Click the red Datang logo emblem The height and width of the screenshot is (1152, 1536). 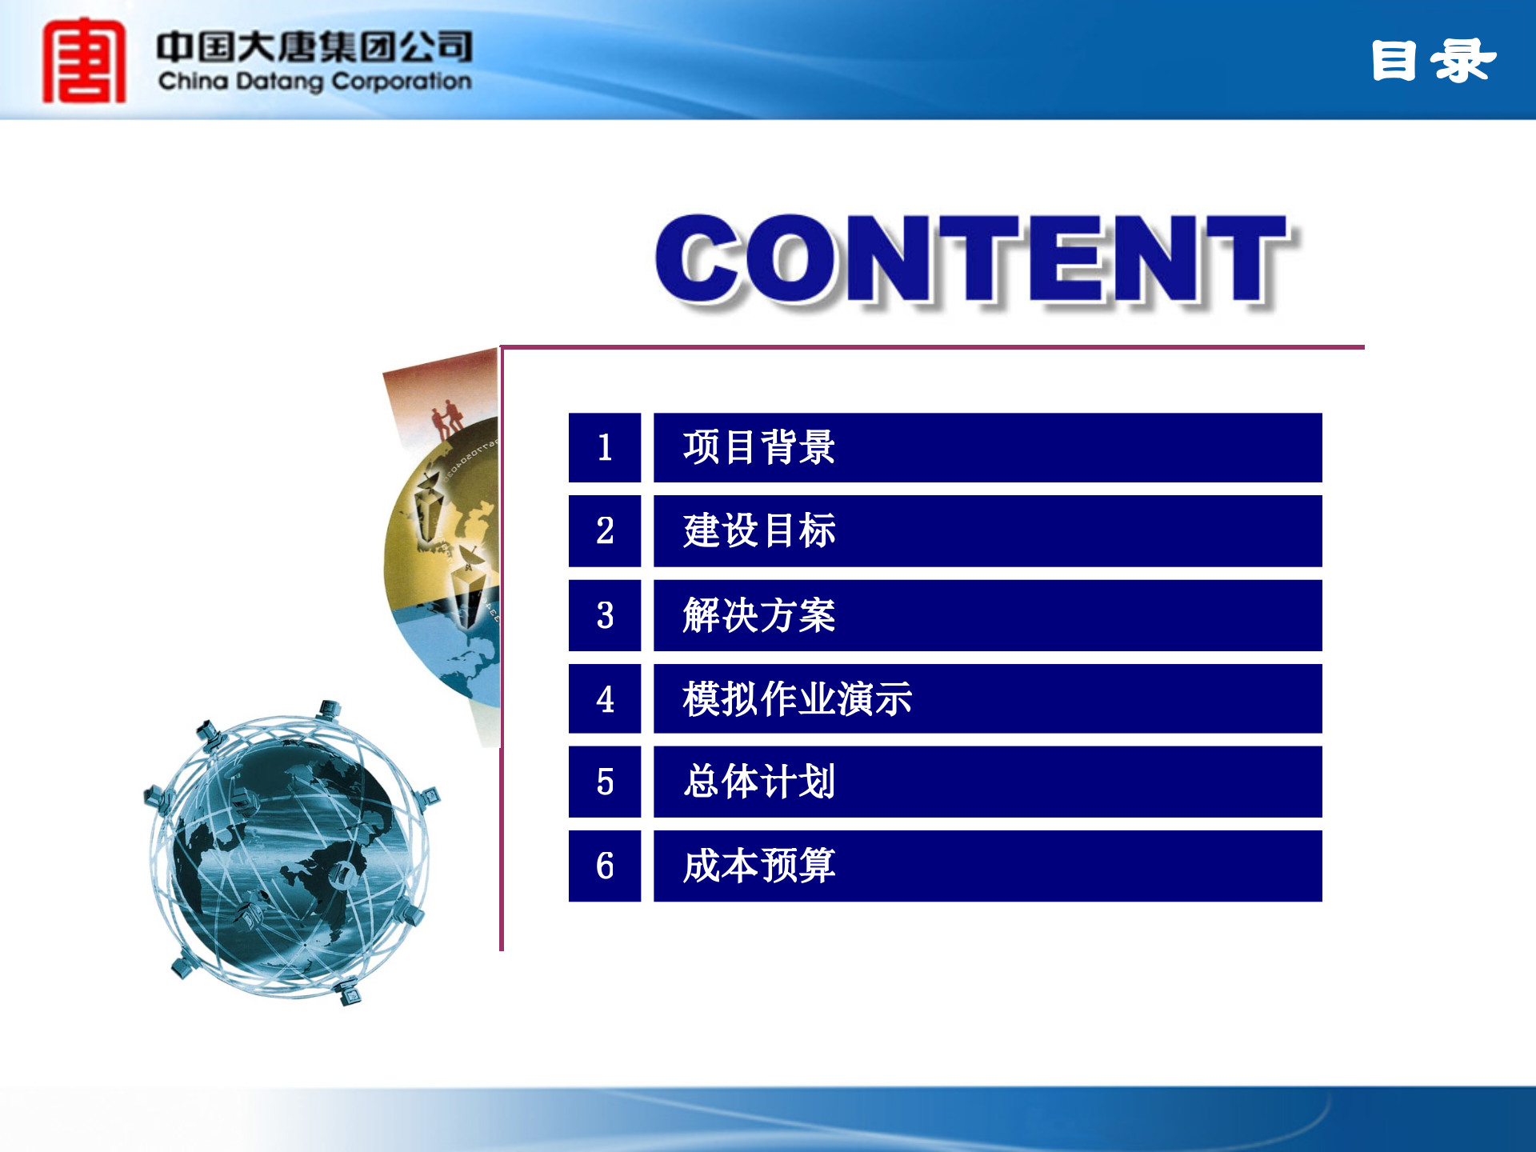click(x=84, y=62)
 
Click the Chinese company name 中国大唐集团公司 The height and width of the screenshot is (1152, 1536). click(x=314, y=47)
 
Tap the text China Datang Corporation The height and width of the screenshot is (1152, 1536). click(x=314, y=82)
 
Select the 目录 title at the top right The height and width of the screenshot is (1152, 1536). click(x=1432, y=61)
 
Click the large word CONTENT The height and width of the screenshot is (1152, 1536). click(x=972, y=260)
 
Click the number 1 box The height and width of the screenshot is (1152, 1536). click(x=604, y=447)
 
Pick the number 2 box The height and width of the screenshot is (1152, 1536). click(x=604, y=531)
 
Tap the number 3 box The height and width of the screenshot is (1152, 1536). click(x=604, y=615)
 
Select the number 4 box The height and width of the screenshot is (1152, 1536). click(x=604, y=698)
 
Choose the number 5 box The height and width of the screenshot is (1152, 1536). click(x=604, y=782)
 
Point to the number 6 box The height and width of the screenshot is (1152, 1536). click(x=604, y=866)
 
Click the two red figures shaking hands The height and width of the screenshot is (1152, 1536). click(x=447, y=418)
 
